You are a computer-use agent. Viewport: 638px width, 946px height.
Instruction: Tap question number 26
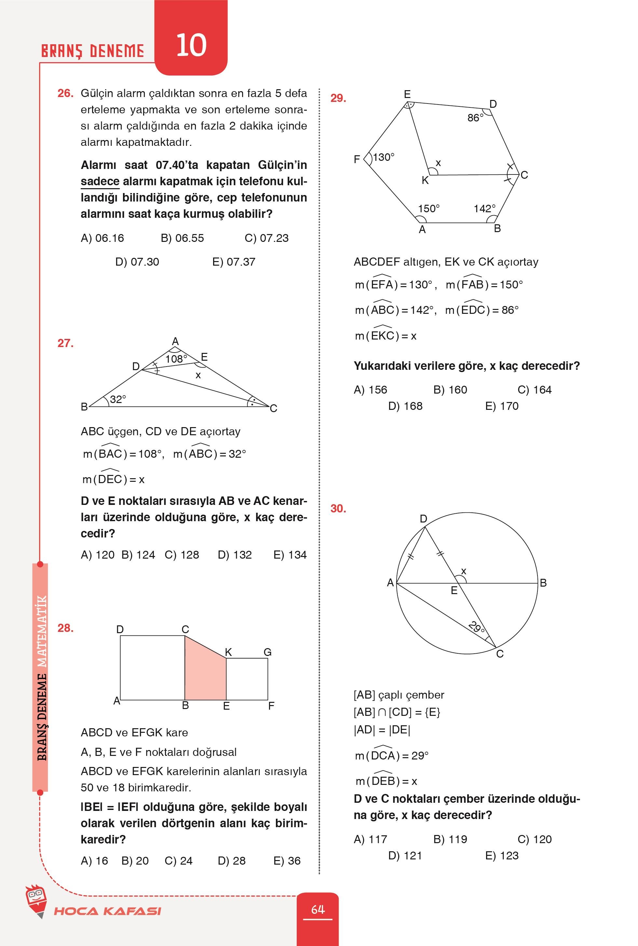(65, 93)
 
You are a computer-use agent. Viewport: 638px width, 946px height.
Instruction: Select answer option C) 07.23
(266, 238)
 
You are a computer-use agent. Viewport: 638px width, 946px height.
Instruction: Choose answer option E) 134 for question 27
(290, 555)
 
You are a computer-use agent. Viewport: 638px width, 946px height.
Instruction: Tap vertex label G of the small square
(267, 652)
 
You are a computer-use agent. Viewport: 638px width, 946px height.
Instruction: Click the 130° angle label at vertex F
(383, 157)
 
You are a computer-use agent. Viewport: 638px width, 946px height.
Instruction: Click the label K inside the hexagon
(425, 180)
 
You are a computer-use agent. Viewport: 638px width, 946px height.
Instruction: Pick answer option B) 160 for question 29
(450, 390)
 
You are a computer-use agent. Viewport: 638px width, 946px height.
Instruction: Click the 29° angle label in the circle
(476, 627)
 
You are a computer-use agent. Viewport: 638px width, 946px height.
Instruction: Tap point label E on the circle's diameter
(454, 590)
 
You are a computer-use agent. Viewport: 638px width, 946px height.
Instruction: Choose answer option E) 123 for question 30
(502, 855)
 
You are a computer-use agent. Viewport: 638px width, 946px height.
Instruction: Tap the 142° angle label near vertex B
(484, 208)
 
